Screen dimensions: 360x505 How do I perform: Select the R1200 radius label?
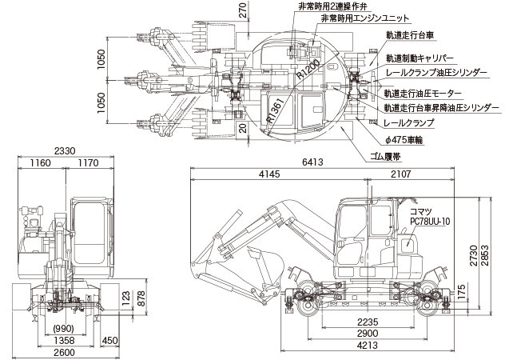[306, 70]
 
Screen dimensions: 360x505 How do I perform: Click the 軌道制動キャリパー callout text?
[420, 58]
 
